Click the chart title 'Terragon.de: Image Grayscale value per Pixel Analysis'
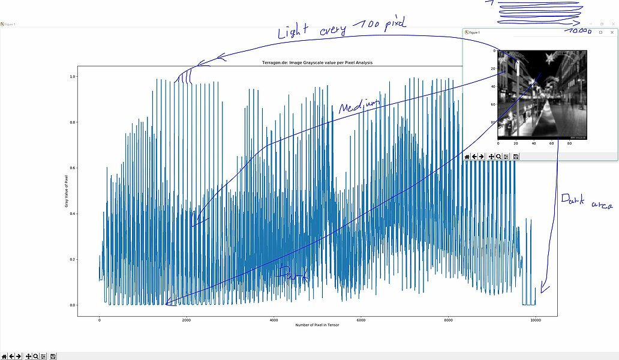pyautogui.click(x=317, y=62)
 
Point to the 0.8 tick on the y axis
pyautogui.click(x=73, y=122)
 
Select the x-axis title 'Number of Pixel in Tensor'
pyautogui.click(x=317, y=325)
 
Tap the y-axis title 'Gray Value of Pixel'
pyautogui.click(x=65, y=191)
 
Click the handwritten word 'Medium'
pyautogui.click(x=359, y=106)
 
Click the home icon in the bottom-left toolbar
pyautogui.click(x=4, y=356)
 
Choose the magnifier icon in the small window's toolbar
pyautogui.click(x=498, y=157)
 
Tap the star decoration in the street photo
pyautogui.click(x=549, y=58)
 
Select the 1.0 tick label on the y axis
pyautogui.click(x=73, y=77)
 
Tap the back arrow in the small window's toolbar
pyautogui.click(x=474, y=157)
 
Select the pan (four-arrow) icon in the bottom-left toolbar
pyautogui.click(x=28, y=356)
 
